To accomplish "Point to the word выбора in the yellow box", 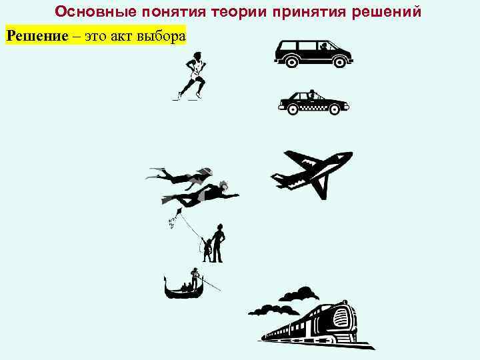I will pyautogui.click(x=160, y=35).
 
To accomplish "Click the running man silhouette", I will pyautogui.click(x=191, y=77).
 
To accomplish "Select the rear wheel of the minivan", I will pyautogui.click(x=291, y=61).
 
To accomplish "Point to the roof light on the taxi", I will pyautogui.click(x=311, y=92).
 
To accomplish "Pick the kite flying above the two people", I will pyautogui.click(x=178, y=214).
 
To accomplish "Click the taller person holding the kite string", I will pyautogui.click(x=219, y=243).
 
